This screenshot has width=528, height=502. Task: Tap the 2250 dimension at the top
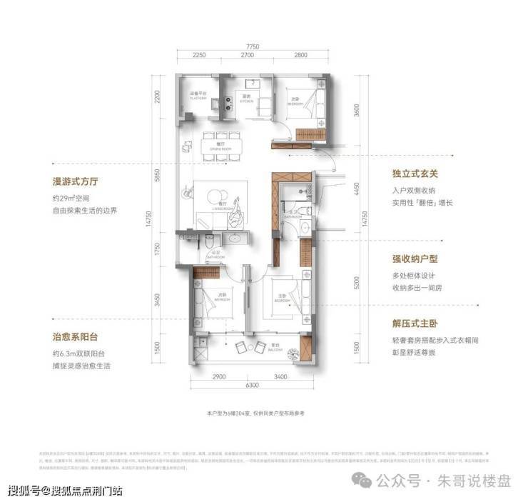[x=199, y=55]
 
